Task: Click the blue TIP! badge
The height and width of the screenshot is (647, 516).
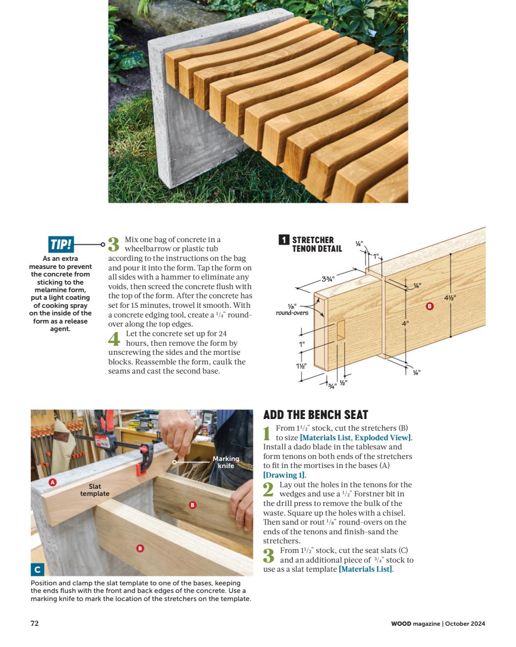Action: click(x=61, y=245)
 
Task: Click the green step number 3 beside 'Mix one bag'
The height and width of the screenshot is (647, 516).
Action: click(x=114, y=244)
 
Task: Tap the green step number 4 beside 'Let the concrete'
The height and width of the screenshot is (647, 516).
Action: click(x=114, y=339)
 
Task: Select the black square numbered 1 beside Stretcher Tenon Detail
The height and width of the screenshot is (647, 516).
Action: click(x=284, y=240)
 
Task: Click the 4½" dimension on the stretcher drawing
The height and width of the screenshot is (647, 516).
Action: click(x=450, y=298)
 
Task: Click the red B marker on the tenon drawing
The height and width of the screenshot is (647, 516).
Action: click(x=429, y=306)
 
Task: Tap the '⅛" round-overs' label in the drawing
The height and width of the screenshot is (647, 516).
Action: click(x=292, y=310)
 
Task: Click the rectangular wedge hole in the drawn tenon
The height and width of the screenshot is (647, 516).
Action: click(x=341, y=329)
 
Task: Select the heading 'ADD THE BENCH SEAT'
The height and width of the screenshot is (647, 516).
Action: click(x=316, y=415)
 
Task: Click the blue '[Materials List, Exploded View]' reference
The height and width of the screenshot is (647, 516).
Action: click(x=356, y=438)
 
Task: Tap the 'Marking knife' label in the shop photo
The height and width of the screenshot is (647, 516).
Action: click(x=226, y=462)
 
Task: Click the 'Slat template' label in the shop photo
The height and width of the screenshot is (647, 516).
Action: click(x=95, y=490)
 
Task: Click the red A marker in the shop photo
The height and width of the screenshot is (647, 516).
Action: click(x=52, y=482)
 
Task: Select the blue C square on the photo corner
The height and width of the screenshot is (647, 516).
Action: click(x=37, y=570)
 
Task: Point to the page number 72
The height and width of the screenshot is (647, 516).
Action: click(x=34, y=623)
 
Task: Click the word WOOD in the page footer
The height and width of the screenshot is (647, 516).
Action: click(x=401, y=623)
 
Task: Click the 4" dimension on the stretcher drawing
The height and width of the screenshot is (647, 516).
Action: click(x=405, y=323)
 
